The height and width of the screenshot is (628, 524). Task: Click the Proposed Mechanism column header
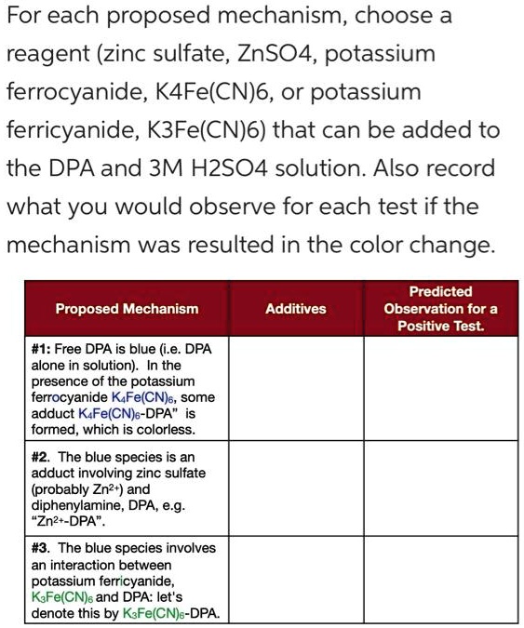(x=127, y=308)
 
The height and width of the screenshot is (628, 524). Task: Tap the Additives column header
(x=296, y=308)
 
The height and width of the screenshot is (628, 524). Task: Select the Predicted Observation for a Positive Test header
(x=440, y=308)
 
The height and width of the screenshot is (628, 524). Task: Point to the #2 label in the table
(x=41, y=457)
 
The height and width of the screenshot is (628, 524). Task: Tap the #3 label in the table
(x=41, y=548)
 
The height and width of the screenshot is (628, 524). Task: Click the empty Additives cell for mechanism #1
(x=296, y=390)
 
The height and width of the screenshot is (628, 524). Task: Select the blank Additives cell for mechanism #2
(x=296, y=489)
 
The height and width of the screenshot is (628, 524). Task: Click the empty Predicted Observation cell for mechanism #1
(x=440, y=390)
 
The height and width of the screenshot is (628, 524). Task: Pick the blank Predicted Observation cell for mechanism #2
(x=440, y=489)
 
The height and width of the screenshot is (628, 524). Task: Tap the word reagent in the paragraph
(x=47, y=53)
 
